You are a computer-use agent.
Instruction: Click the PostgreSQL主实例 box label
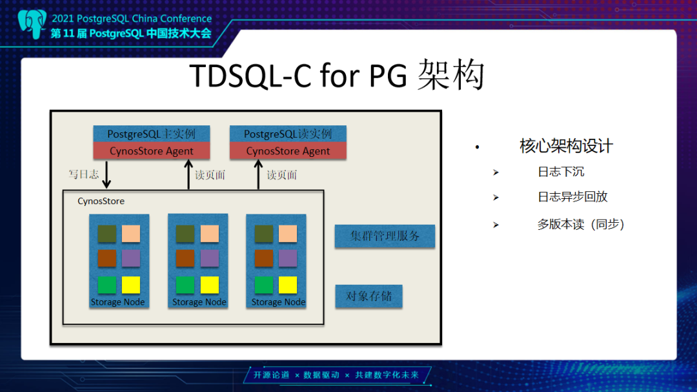(152, 134)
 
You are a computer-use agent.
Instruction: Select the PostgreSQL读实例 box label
(288, 134)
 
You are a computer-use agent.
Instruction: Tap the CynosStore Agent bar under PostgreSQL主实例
(152, 151)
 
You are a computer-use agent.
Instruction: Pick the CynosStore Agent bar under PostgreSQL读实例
(288, 151)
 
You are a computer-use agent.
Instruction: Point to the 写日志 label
(84, 174)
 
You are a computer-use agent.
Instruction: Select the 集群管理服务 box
(385, 236)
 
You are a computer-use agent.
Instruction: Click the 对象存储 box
(369, 296)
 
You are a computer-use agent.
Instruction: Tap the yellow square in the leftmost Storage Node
(131, 285)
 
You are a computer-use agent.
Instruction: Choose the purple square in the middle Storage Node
(209, 258)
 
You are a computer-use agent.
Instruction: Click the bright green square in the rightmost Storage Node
(263, 285)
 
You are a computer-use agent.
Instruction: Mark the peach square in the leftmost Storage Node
(131, 234)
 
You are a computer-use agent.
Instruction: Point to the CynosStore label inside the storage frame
(101, 201)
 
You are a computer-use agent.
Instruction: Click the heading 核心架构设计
(566, 147)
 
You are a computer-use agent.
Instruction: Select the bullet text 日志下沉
(561, 172)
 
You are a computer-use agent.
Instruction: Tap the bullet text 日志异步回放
(572, 197)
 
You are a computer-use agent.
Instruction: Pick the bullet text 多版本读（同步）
(581, 224)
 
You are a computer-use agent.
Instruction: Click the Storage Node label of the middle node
(199, 302)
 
